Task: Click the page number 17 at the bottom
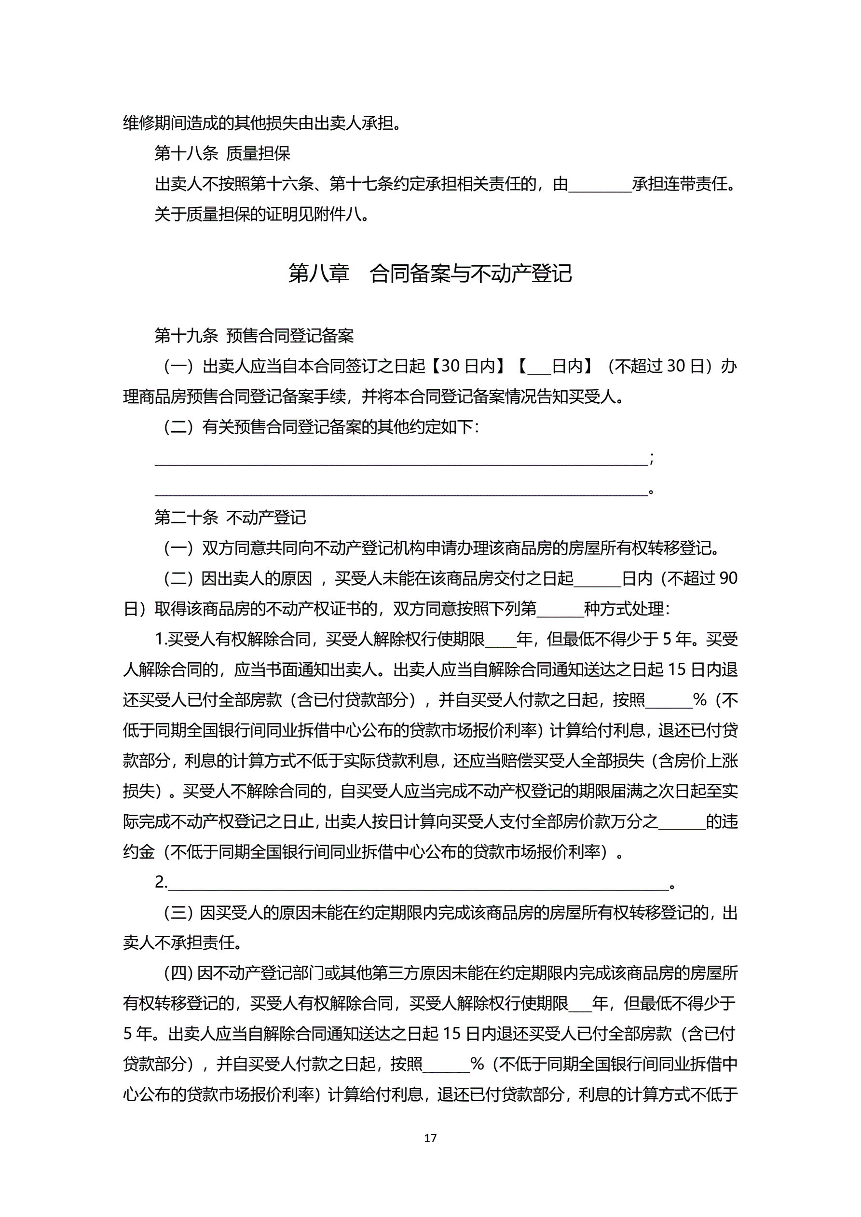430,1137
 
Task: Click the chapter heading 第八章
319,273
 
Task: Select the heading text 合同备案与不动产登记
470,273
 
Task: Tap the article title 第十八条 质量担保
222,154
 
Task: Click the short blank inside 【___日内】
539,369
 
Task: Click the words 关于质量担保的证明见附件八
261,215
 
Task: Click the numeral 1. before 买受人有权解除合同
161,639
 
